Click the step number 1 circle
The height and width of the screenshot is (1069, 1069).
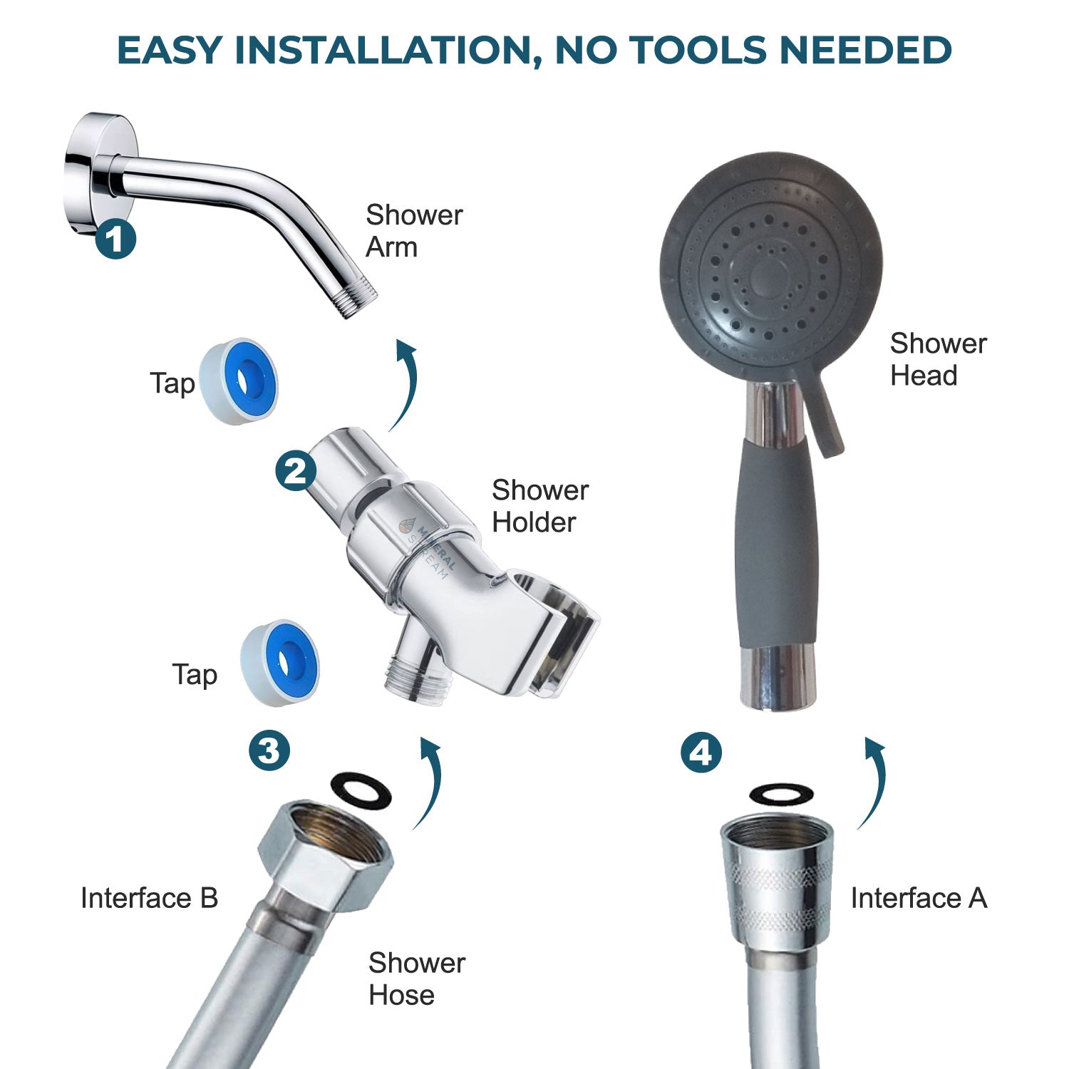point(115,239)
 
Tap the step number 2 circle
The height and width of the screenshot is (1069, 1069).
point(296,470)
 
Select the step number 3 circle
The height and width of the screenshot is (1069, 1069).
point(269,750)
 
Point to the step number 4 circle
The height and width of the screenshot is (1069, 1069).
point(701,753)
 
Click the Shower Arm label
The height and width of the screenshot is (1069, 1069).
point(413,231)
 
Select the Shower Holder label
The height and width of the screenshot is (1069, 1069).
point(539,506)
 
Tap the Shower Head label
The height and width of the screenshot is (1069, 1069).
point(937,359)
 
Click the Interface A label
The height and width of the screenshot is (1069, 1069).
point(918,898)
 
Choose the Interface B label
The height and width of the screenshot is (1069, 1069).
point(149,898)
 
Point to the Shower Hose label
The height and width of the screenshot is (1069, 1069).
point(416,978)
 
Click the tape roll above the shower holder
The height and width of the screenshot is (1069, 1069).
point(239,381)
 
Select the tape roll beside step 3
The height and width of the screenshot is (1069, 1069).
point(279,663)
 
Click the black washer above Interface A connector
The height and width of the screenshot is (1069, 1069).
point(782,794)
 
